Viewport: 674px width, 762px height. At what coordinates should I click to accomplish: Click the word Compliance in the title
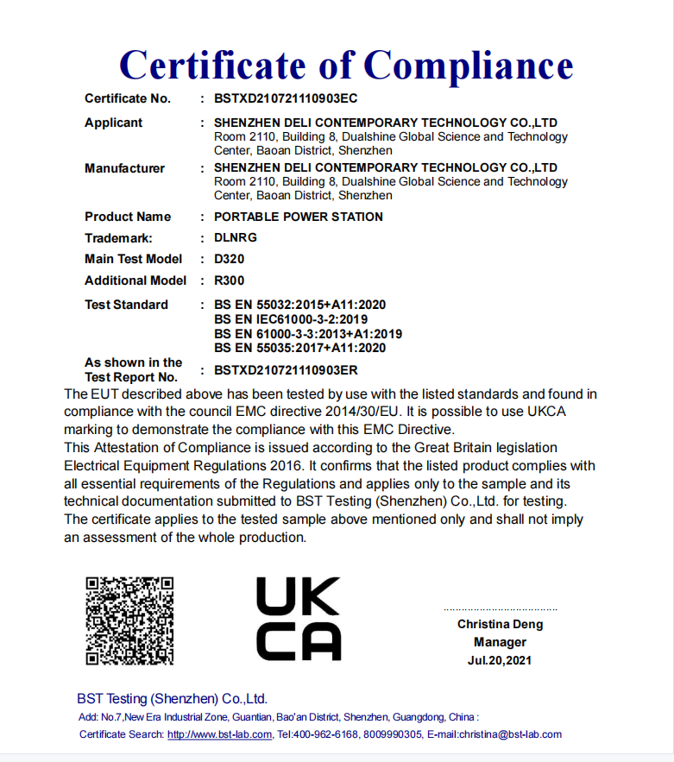469,65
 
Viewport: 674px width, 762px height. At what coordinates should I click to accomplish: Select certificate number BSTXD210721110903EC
286,98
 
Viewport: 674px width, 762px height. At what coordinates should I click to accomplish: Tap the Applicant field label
113,123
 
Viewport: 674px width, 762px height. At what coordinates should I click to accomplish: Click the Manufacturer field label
124,168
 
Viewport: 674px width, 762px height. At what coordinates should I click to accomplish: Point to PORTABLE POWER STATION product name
299,217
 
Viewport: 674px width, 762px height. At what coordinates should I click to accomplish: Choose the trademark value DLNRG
236,237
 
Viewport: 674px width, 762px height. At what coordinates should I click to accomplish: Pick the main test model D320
229,259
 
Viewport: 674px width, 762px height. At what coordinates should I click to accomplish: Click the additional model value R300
229,280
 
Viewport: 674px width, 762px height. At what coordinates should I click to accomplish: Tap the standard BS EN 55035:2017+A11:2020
299,348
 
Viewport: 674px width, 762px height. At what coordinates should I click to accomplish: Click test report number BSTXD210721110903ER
286,370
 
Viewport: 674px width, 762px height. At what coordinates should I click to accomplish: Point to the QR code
129,620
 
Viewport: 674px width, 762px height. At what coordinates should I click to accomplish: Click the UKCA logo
299,620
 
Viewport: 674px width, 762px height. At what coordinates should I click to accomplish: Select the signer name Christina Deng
501,624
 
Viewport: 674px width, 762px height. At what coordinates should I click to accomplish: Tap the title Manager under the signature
500,642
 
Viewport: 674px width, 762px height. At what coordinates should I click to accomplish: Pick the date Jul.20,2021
500,660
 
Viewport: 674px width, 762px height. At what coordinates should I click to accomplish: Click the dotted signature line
501,609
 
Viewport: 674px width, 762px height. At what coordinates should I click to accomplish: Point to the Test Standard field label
126,305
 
